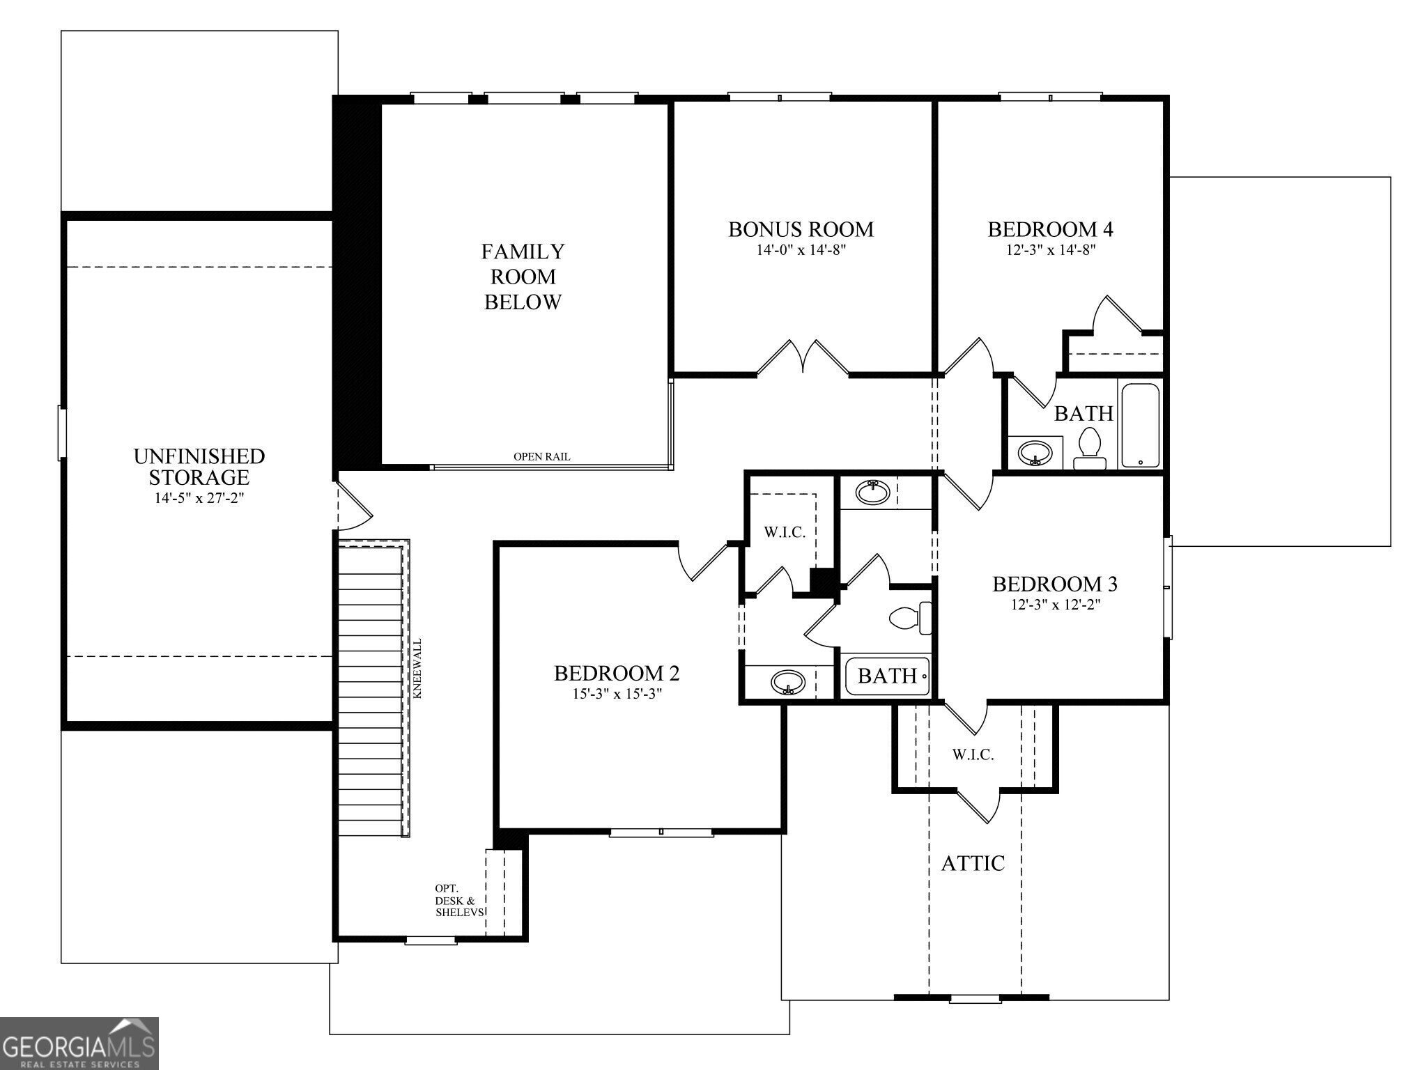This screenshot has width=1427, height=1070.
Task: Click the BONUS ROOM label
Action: (801, 229)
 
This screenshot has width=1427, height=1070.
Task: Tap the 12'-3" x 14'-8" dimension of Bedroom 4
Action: (1051, 250)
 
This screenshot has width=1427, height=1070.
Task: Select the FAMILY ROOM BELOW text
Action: (523, 277)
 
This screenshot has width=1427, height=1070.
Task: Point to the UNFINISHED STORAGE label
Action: (199, 467)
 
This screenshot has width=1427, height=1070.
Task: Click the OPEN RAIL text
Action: (541, 457)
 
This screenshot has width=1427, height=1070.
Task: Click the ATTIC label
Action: (973, 864)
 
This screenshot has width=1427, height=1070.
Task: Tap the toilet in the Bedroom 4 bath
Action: (1089, 449)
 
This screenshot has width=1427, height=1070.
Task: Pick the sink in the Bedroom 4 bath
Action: (1034, 453)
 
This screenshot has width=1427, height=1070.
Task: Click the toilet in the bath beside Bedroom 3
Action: (910, 618)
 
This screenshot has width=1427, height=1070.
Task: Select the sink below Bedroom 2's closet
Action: (788, 682)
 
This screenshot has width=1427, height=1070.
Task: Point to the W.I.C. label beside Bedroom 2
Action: (785, 533)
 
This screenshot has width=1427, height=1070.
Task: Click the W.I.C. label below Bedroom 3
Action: (973, 754)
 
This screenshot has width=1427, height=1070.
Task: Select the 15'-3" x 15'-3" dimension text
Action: (616, 694)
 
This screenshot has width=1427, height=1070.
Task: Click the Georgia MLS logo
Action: (79, 1043)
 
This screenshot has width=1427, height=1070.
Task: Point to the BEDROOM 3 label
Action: (1055, 584)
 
